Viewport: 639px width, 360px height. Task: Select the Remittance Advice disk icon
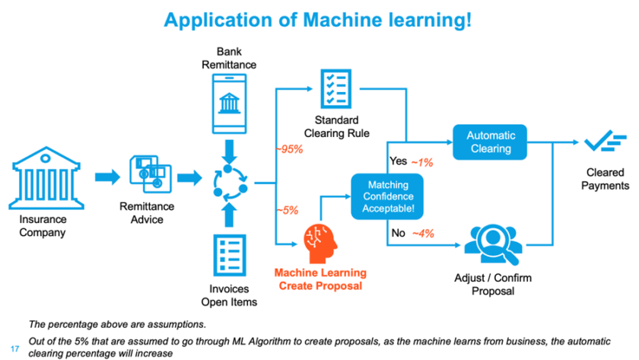click(x=146, y=174)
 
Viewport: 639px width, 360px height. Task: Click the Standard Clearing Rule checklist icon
click(x=336, y=89)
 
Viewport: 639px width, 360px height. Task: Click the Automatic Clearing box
click(x=491, y=142)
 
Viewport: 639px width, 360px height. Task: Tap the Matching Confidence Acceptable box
click(x=388, y=196)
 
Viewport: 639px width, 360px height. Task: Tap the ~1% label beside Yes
click(x=422, y=161)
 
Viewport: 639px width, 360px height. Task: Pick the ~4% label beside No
click(x=422, y=234)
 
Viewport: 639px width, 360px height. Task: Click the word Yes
click(x=398, y=161)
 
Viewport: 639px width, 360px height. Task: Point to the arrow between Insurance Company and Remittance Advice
click(x=108, y=177)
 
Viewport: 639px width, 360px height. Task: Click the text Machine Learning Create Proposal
click(x=320, y=279)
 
